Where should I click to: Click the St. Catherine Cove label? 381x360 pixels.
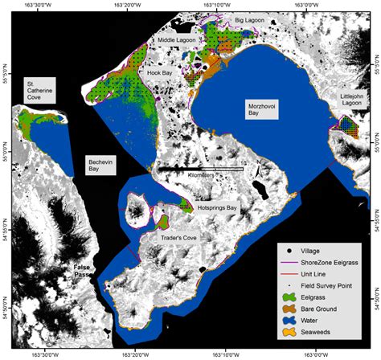[39, 90]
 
